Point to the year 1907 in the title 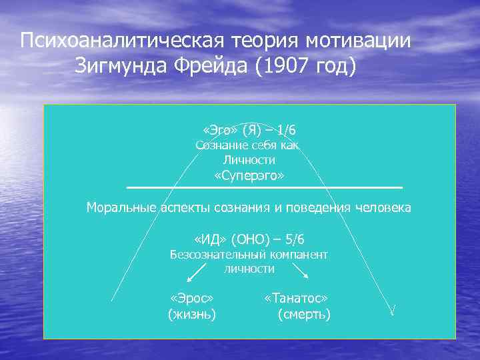[x=281, y=67]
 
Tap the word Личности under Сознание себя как [x=249, y=161]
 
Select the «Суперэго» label [x=249, y=177]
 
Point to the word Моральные [x=122, y=207]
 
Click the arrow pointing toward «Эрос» [x=194, y=273]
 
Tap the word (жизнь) [x=192, y=314]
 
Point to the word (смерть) [x=304, y=314]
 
